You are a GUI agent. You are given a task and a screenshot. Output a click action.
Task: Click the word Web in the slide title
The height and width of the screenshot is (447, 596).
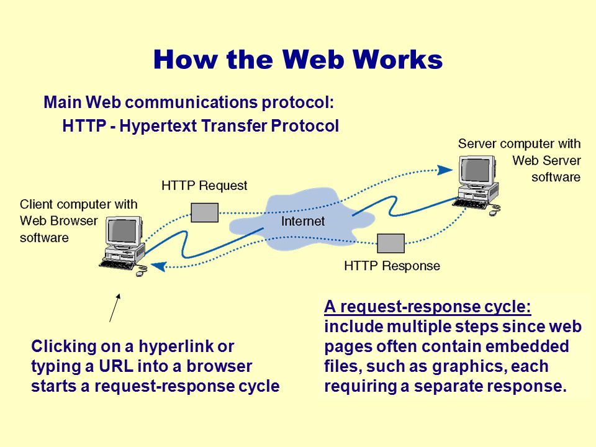314,60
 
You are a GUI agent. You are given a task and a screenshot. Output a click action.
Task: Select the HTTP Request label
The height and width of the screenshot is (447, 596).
204,186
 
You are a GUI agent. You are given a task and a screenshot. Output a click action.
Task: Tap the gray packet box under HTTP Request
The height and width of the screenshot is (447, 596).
204,212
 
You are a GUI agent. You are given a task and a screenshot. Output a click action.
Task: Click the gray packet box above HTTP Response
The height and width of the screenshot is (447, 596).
391,243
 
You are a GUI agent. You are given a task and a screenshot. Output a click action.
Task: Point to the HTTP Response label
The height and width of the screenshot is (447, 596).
392,266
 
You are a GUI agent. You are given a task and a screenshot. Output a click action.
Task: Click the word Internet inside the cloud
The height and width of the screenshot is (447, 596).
303,221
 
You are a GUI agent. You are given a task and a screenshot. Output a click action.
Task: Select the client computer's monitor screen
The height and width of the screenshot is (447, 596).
123,231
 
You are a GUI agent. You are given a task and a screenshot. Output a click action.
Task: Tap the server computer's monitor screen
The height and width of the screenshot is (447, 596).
475,170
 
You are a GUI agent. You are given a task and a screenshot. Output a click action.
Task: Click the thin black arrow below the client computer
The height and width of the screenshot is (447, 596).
115,307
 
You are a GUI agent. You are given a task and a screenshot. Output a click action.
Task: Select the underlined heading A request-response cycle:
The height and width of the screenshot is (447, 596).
428,306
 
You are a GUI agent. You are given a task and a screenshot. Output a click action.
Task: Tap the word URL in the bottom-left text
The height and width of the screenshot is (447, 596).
116,366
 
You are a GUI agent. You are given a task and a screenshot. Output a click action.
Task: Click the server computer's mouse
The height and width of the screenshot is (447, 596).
493,213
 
